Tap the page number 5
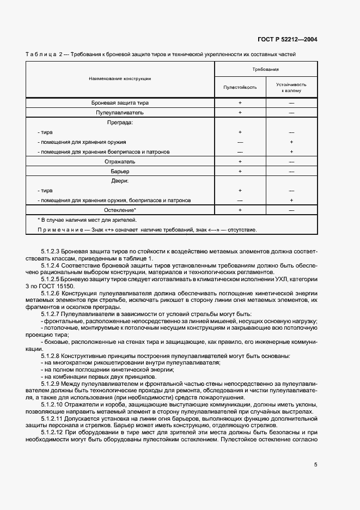(315, 464)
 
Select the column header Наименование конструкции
(120, 79)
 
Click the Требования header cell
(266, 70)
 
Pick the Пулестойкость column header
(240, 87)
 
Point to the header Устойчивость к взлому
(291, 87)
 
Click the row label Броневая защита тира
(120, 102)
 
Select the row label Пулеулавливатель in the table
(120, 112)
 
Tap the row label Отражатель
(120, 162)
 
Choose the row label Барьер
(120, 172)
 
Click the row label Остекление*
(120, 210)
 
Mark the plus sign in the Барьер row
(240, 172)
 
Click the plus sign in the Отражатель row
(240, 162)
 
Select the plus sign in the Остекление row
(240, 210)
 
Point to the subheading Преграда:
(120, 123)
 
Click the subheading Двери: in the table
(120, 181)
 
